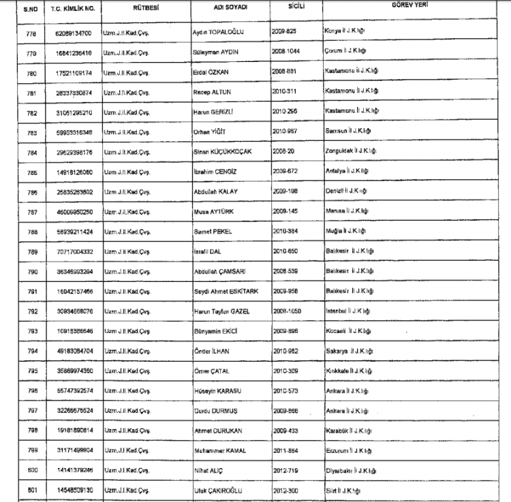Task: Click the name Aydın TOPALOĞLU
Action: point(219,33)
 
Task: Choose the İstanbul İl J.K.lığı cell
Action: point(347,311)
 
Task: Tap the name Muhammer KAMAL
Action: point(219,451)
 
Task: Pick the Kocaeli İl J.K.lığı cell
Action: point(348,331)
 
